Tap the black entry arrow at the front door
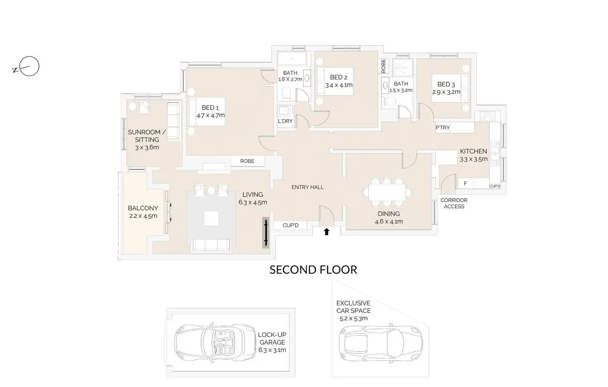point(326,232)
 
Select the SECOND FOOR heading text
point(313,270)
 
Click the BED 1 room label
point(210,108)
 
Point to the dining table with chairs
point(387,192)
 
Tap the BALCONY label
point(142,208)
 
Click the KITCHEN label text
point(473,151)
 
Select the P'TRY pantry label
point(442,127)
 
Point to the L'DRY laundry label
point(285,121)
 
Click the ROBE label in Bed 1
point(247,161)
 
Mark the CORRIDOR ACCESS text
point(454,203)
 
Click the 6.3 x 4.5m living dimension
point(252,202)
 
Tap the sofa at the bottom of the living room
point(211,245)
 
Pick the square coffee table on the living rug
point(211,219)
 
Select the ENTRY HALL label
point(307,187)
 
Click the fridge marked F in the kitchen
point(465,183)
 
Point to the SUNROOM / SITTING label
point(147,136)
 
